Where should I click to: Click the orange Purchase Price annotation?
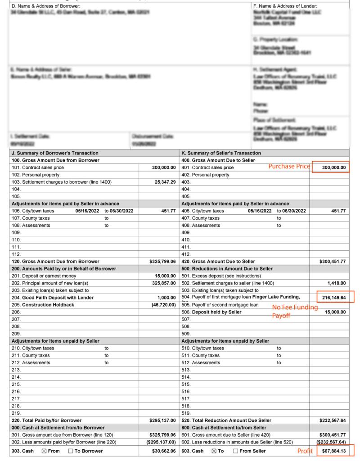pyautogui.click(x=289, y=166)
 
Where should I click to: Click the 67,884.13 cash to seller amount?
pyautogui.click(x=332, y=451)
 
